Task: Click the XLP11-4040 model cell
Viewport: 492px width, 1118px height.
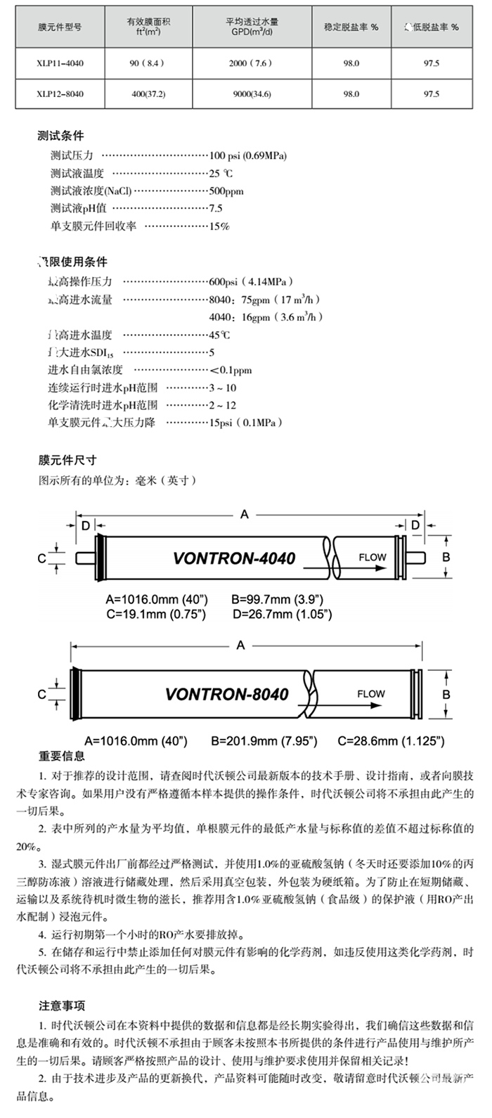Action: pyautogui.click(x=60, y=63)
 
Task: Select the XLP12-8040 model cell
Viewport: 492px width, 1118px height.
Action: pyautogui.click(x=60, y=94)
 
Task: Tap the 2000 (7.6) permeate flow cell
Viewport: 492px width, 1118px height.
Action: pyautogui.click(x=250, y=63)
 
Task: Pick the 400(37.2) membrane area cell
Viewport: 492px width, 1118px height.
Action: pyautogui.click(x=148, y=94)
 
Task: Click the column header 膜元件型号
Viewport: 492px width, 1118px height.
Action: pyautogui.click(x=60, y=27)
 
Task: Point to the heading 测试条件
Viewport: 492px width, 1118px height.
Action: pyautogui.click(x=60, y=136)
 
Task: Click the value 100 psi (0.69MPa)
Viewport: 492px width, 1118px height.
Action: pyautogui.click(x=248, y=155)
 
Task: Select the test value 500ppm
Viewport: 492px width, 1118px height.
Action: pyautogui.click(x=226, y=191)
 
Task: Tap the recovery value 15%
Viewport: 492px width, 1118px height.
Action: pyautogui.click(x=219, y=226)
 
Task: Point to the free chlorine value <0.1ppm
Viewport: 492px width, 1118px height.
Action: pyautogui.click(x=231, y=370)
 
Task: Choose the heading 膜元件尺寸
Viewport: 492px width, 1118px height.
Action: pyautogui.click(x=67, y=461)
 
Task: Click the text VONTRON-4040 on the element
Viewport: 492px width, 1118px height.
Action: pyautogui.click(x=233, y=559)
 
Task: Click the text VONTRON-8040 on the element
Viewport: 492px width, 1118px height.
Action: pyautogui.click(x=226, y=694)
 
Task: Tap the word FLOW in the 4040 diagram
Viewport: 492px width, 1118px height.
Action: pyautogui.click(x=373, y=557)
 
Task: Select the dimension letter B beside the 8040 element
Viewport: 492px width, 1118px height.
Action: pyautogui.click(x=446, y=694)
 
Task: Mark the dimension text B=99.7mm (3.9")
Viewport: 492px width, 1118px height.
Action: pyautogui.click(x=277, y=600)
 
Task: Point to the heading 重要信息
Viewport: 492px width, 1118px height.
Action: pyautogui.click(x=62, y=757)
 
